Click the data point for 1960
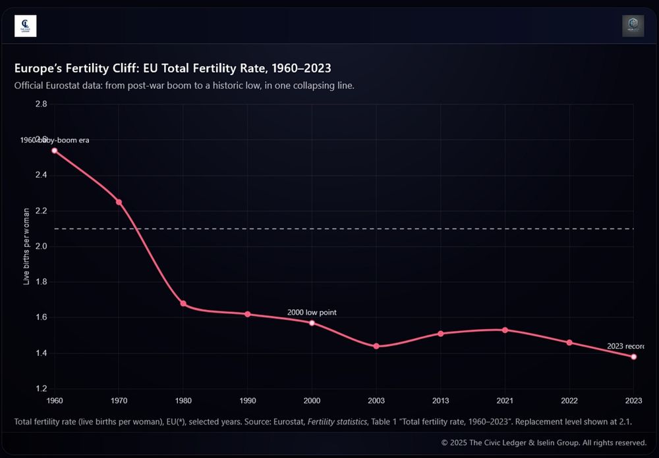coord(54,151)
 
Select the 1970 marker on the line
coord(119,202)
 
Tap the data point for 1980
coord(183,303)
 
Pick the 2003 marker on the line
coord(376,346)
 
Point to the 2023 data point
coord(634,357)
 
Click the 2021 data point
coord(505,330)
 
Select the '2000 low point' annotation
coord(312,313)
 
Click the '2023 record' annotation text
coord(625,346)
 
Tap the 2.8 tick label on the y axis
coord(41,104)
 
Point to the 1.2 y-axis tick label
coord(41,389)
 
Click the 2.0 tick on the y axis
coord(41,246)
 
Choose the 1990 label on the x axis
coord(247,400)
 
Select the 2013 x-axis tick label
coord(440,400)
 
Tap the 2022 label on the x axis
coord(569,400)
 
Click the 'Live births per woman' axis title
coord(27,246)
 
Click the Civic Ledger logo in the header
coord(25,26)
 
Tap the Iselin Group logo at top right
coord(633,26)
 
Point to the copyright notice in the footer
coord(544,442)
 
